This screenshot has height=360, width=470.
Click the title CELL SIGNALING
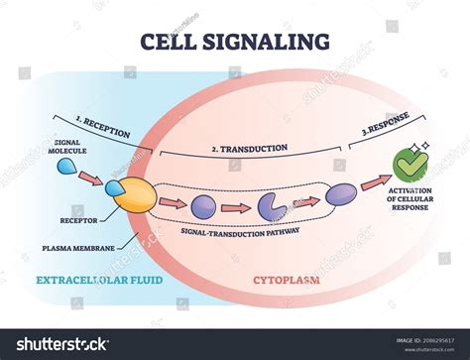click(235, 41)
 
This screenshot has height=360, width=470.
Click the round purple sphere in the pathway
click(203, 206)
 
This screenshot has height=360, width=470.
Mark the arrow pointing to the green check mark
click(375, 181)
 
